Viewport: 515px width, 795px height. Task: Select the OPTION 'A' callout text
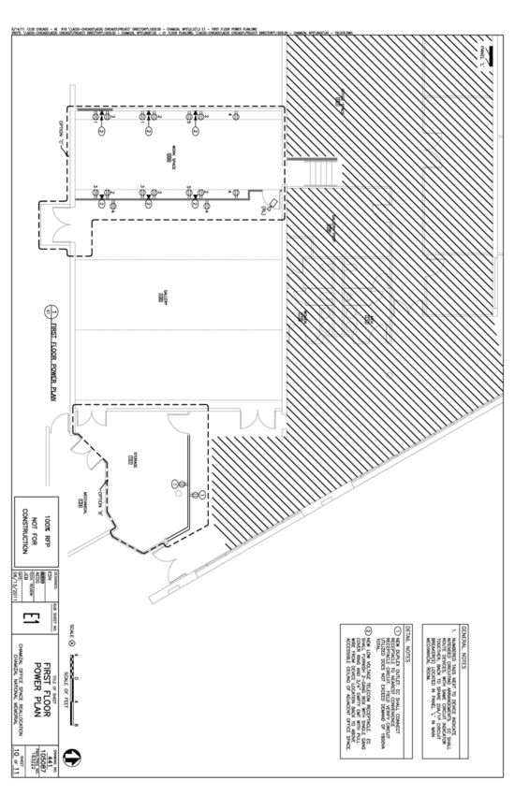click(x=62, y=125)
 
